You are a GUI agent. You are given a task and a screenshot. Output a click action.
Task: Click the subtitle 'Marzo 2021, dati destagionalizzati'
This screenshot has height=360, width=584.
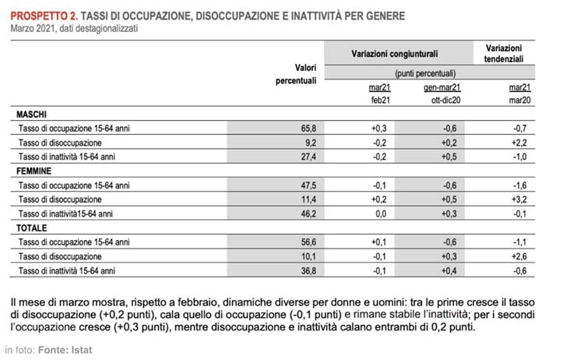point(75,29)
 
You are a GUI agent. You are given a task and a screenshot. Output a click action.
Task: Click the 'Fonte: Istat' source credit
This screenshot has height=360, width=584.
point(66,350)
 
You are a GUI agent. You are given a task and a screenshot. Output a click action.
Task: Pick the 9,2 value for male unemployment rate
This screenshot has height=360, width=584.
point(310,143)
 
